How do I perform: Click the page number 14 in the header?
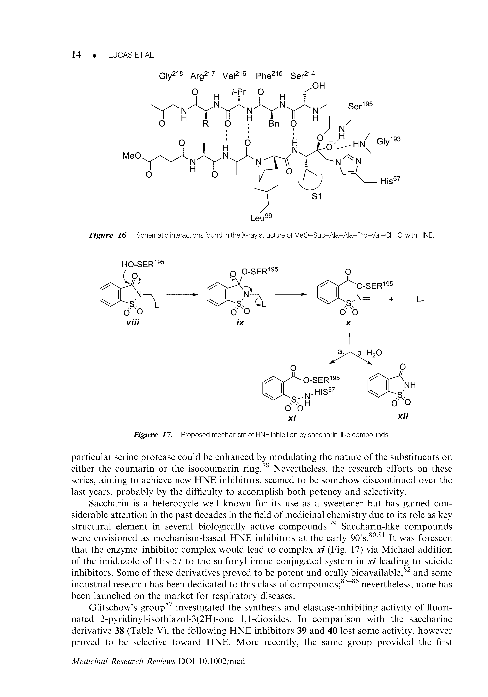click(x=76, y=55)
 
